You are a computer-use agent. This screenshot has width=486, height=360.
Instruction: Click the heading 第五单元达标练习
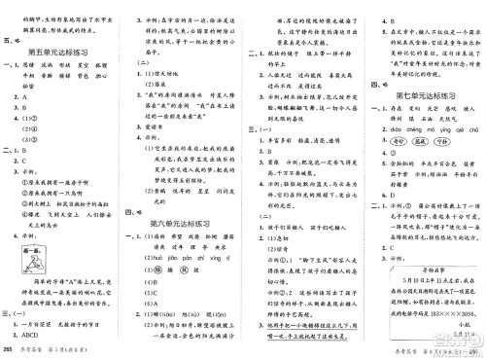[63, 52]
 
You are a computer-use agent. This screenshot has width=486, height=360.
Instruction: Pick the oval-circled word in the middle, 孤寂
[419, 142]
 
